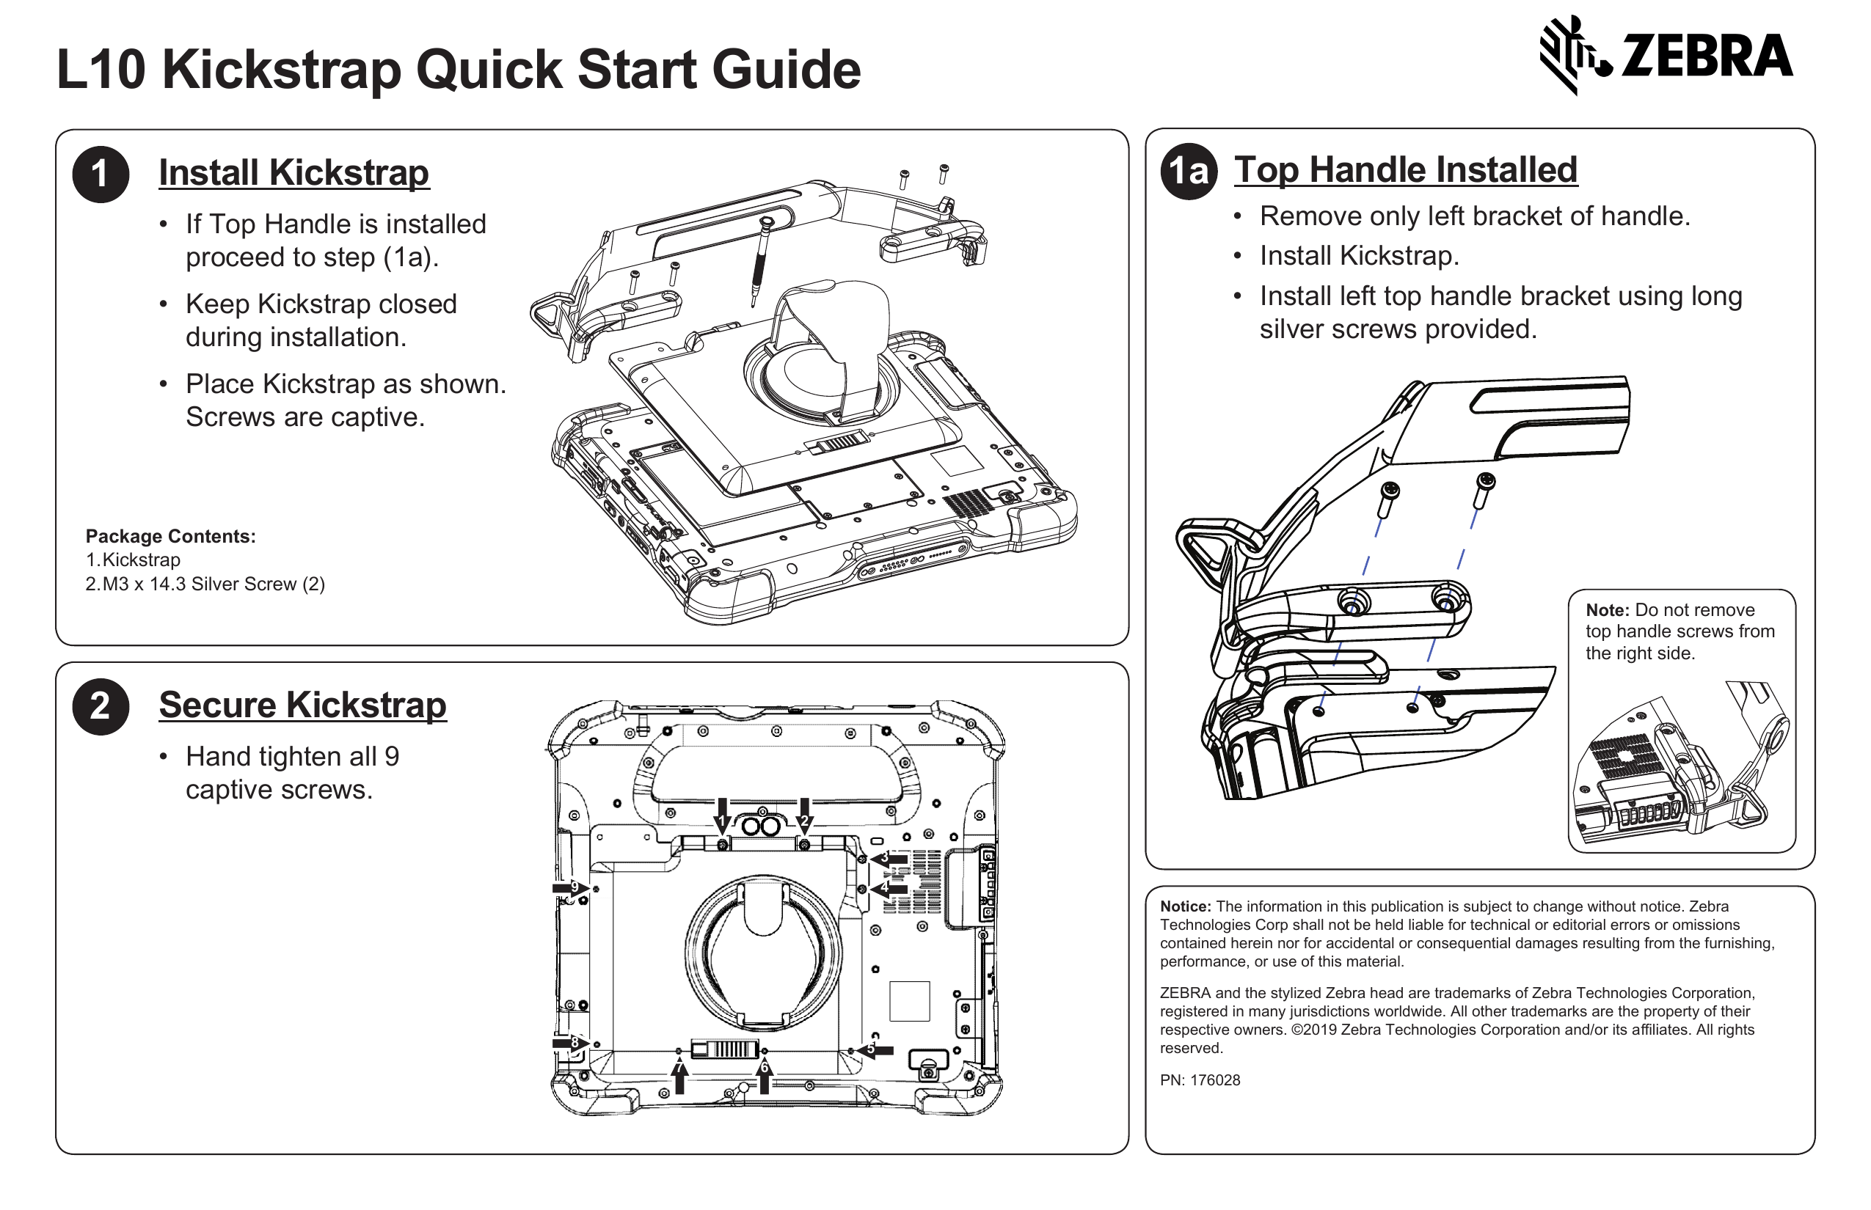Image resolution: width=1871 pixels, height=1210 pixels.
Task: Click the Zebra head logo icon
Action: (1575, 55)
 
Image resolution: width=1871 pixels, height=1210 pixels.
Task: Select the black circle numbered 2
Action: (101, 706)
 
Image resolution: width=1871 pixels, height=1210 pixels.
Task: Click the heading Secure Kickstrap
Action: (302, 705)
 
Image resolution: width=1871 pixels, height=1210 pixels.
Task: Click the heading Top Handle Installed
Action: (1405, 169)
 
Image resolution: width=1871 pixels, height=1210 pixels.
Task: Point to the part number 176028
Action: (1214, 1080)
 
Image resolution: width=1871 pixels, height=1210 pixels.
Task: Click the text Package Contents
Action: (170, 536)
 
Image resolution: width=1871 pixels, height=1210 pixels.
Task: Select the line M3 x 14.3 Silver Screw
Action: (205, 584)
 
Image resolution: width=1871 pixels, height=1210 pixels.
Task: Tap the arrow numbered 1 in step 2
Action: (722, 815)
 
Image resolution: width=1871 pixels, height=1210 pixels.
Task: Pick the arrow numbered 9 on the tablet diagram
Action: (571, 888)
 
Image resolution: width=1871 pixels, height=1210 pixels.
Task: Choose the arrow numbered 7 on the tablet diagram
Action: (680, 1076)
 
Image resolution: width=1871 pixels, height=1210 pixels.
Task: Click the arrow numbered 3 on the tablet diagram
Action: (889, 859)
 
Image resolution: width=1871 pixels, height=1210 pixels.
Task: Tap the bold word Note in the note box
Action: (1607, 609)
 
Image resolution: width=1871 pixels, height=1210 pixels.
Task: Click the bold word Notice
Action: (1185, 906)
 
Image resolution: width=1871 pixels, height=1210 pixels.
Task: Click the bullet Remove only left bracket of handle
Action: (1474, 216)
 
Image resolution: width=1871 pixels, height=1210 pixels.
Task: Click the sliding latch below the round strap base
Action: (724, 1049)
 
